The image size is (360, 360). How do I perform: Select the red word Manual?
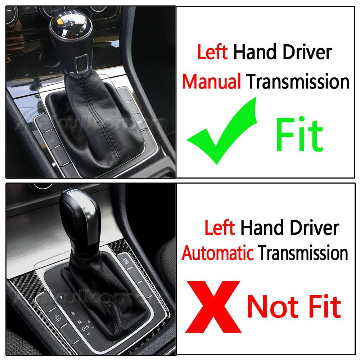[x=211, y=82]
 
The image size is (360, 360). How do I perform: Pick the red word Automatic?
[x=217, y=253]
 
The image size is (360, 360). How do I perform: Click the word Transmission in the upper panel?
[x=298, y=82]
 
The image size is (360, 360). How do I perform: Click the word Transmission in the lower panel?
[x=303, y=253]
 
